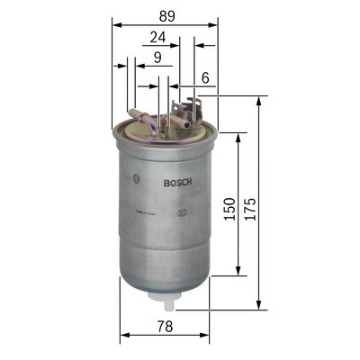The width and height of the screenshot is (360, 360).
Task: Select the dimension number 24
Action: (157, 37)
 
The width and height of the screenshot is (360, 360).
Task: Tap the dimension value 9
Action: (157, 58)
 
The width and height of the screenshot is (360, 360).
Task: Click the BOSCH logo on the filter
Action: (177, 184)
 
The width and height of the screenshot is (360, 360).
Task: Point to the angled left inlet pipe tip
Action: (133, 112)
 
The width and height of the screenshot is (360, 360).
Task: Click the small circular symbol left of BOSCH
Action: (135, 176)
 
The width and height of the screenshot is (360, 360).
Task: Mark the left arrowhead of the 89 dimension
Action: (116, 25)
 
